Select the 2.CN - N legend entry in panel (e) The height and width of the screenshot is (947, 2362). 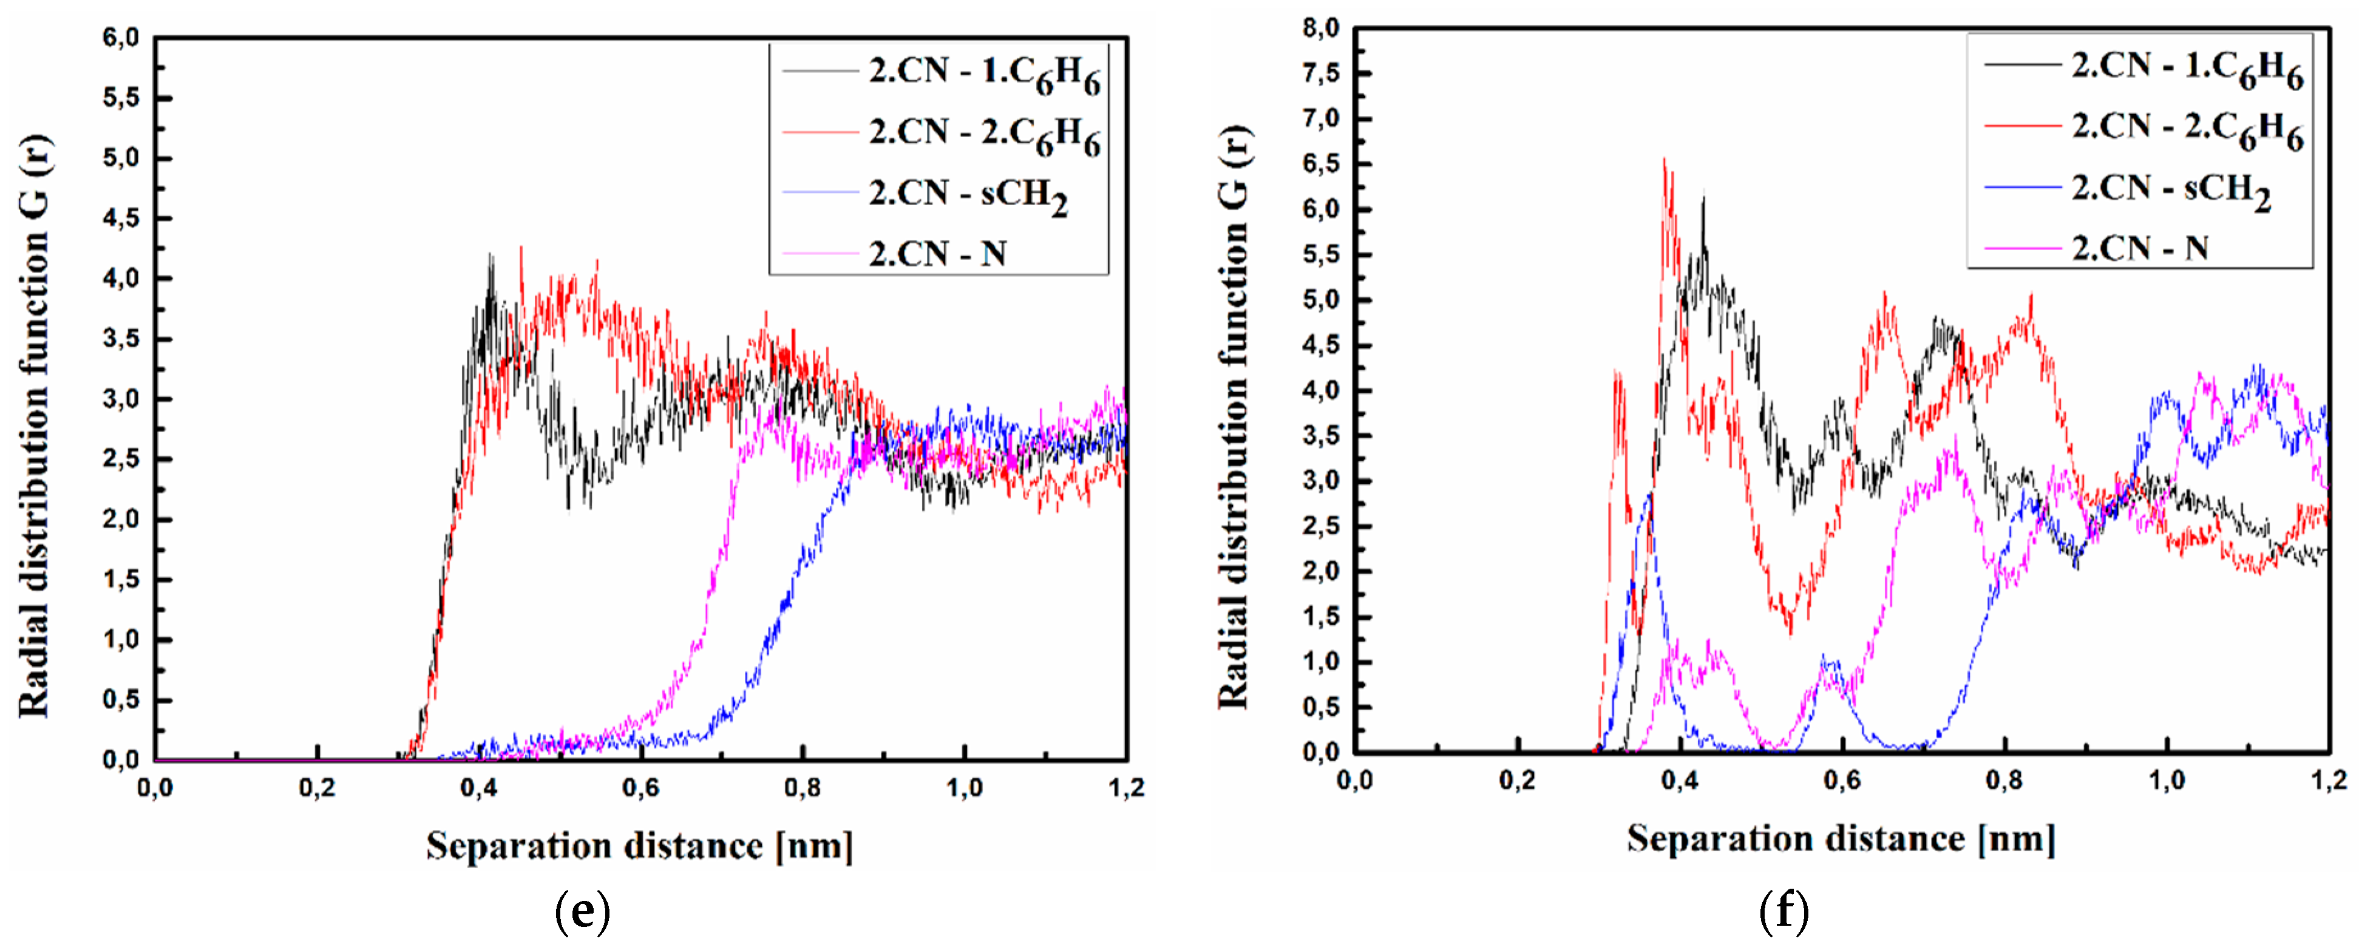point(938,254)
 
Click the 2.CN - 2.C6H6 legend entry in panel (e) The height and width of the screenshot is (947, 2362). point(984,134)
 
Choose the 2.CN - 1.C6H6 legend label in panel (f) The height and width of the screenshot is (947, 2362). point(2187,67)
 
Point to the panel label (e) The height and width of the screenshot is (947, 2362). point(582,911)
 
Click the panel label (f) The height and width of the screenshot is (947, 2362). point(1783,911)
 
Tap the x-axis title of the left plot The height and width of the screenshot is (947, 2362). point(639,845)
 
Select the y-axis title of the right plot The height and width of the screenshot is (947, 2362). point(1234,417)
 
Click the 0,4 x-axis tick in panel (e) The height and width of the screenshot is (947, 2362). point(478,789)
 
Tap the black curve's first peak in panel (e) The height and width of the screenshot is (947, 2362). point(490,257)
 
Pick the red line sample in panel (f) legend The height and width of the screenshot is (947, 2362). point(2022,126)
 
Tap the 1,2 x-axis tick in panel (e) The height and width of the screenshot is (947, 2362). point(1126,789)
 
